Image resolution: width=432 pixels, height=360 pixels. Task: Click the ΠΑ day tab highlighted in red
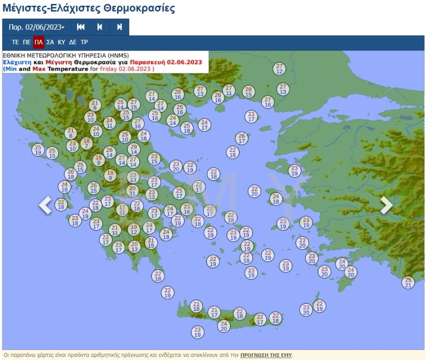tap(39, 42)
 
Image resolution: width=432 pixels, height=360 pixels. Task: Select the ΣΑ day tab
tap(50, 42)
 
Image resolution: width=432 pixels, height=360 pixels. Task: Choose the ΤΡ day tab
tap(84, 42)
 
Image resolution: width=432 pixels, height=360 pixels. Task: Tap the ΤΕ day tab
tap(15, 42)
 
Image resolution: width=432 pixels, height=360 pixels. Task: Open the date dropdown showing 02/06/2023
tap(36, 27)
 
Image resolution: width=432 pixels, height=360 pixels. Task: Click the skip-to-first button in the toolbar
tap(81, 27)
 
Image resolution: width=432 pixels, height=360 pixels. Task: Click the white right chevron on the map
tap(386, 205)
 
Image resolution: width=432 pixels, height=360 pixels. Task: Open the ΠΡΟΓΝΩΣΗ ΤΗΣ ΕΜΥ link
tap(266, 355)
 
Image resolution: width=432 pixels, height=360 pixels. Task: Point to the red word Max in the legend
tap(39, 69)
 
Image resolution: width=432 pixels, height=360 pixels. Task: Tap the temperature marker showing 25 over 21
tap(408, 282)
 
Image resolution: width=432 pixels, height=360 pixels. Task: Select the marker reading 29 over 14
tap(134, 149)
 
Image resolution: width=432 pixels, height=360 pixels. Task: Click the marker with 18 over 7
tap(87, 143)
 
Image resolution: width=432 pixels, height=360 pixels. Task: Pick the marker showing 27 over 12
tap(279, 69)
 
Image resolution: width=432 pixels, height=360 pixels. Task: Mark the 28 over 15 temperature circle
tap(248, 92)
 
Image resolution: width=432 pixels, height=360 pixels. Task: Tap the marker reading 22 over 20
tap(254, 191)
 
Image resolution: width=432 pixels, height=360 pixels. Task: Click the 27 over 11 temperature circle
tap(229, 90)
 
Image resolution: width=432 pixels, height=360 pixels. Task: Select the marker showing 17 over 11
tap(122, 210)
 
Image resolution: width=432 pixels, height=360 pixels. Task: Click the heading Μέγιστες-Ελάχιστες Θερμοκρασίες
tap(89, 8)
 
